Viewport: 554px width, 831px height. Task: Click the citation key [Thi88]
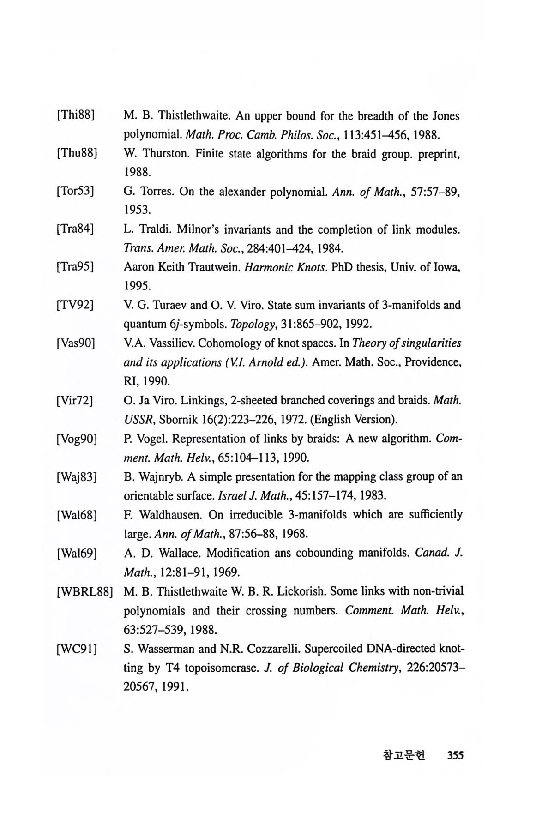pos(76,116)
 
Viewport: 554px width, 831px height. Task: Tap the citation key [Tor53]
pos(76,192)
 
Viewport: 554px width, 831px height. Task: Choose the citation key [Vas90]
pos(76,343)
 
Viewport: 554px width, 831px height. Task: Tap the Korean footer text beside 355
pos(404,755)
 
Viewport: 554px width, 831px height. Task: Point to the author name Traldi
pos(152,229)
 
